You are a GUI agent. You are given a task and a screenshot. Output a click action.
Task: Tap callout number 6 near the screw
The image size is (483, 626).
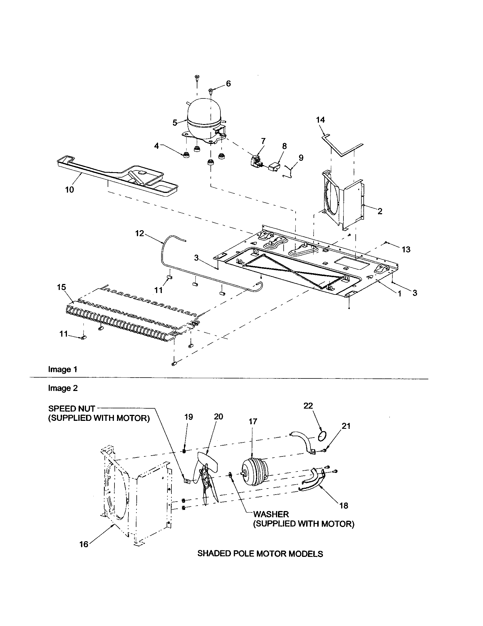(228, 84)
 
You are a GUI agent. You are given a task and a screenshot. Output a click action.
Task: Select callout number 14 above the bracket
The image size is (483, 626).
(320, 120)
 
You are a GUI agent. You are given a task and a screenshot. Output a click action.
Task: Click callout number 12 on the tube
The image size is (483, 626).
(139, 233)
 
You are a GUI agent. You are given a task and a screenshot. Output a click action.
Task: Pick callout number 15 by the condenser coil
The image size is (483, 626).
(62, 287)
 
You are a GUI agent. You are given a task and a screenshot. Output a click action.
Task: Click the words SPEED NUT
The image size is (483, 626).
(72, 408)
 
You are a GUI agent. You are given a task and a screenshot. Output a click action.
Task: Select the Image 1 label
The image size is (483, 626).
(63, 369)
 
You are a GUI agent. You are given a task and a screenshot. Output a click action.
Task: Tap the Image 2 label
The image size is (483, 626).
(63, 388)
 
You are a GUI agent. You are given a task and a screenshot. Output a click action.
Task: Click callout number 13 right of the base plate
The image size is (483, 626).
(406, 249)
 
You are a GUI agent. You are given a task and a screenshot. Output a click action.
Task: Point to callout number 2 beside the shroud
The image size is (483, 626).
(380, 211)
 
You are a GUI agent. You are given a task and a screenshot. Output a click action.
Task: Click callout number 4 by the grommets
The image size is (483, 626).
(156, 146)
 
